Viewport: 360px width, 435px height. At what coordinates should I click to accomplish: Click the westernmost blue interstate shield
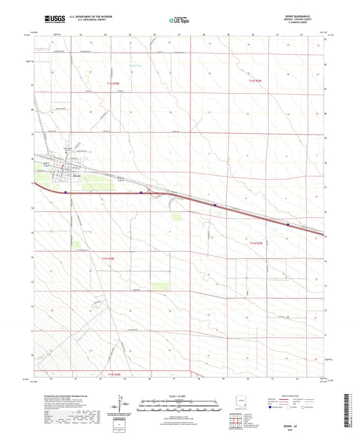[x=66, y=192]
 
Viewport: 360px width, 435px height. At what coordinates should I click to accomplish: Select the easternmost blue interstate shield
[x=288, y=226]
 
